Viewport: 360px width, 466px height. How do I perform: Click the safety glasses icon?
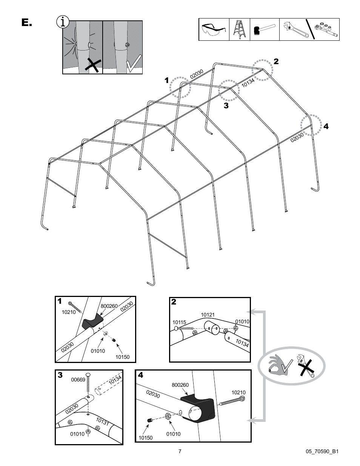click(214, 30)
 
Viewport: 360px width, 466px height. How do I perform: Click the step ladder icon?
click(240, 29)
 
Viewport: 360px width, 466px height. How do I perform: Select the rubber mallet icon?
click(264, 30)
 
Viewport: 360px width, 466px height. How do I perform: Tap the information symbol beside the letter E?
click(63, 22)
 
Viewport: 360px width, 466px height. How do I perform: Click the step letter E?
click(26, 23)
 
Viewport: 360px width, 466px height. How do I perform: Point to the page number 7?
click(180, 451)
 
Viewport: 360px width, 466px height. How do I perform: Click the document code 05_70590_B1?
click(320, 451)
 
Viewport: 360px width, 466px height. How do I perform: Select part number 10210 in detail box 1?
click(68, 312)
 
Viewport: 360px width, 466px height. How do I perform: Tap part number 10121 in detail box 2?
click(208, 315)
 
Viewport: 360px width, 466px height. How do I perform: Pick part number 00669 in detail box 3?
click(78, 380)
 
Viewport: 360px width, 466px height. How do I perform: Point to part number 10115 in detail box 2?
click(179, 322)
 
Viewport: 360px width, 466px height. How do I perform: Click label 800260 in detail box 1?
click(109, 306)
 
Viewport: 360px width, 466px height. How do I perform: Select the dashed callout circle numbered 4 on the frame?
click(311, 125)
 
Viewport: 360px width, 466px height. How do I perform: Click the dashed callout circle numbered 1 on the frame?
click(180, 87)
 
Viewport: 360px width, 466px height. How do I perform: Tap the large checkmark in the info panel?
click(133, 64)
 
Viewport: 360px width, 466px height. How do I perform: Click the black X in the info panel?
click(92, 66)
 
